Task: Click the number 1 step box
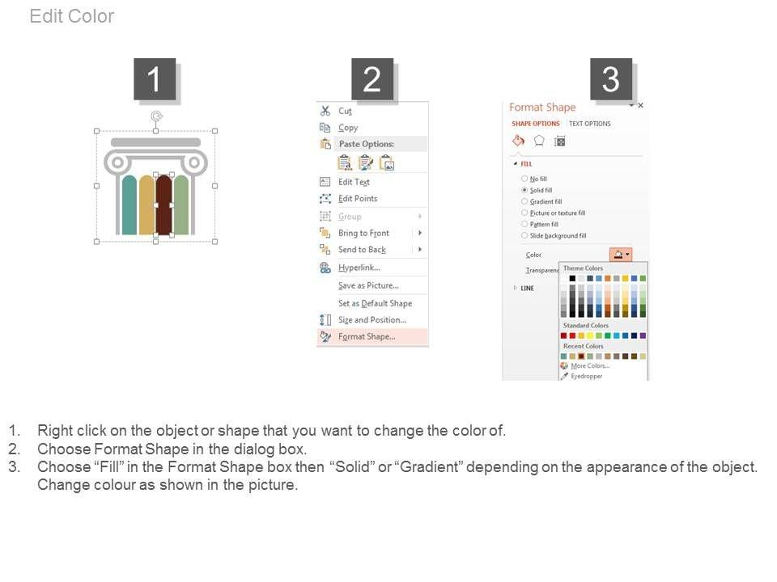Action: [155, 79]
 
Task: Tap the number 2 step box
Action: [372, 79]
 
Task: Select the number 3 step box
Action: [611, 79]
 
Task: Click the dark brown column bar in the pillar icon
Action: [164, 205]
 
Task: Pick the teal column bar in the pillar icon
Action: [129, 205]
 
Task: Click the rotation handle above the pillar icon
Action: [156, 116]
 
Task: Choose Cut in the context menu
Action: [345, 112]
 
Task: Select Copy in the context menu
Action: [348, 128]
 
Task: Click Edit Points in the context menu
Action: [358, 199]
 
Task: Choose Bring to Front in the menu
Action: [363, 233]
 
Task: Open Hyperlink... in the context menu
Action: [359, 268]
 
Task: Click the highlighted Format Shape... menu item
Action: [372, 336]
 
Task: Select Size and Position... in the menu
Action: [372, 320]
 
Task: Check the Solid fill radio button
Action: [524, 190]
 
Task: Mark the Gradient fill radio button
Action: [524, 201]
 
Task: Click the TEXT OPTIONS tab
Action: [590, 124]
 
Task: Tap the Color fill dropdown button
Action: [621, 255]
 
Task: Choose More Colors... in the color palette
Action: [590, 365]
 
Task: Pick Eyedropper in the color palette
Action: [586, 376]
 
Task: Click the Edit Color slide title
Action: [72, 16]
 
